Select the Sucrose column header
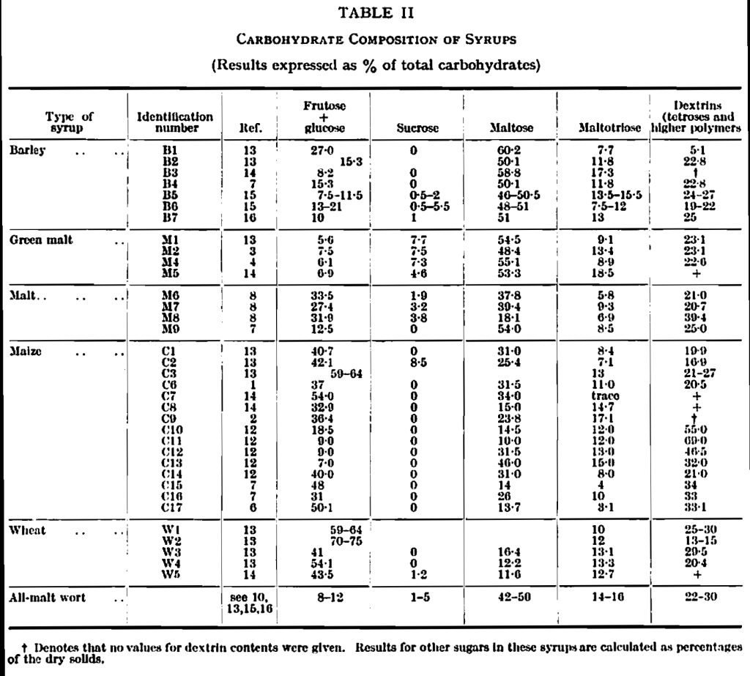click(417, 128)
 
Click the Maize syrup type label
click(26, 352)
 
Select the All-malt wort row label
click(47, 598)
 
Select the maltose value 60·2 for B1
click(504, 150)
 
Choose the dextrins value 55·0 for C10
click(697, 428)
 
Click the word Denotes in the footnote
click(56, 648)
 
